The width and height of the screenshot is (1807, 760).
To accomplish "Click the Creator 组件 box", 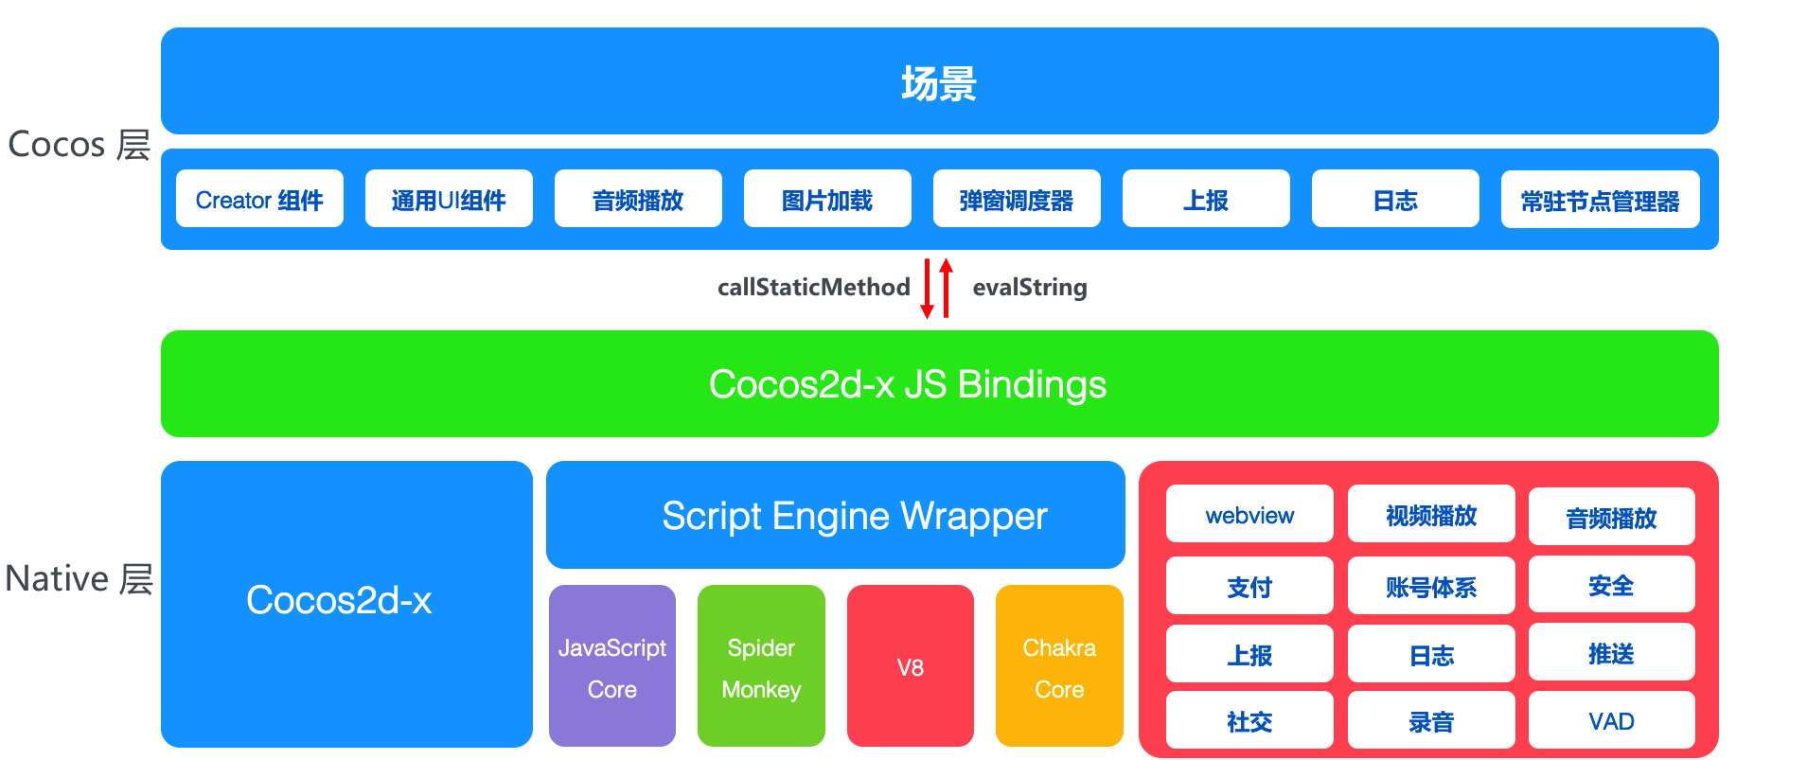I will pos(259,199).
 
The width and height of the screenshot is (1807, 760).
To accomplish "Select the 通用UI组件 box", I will pos(449,199).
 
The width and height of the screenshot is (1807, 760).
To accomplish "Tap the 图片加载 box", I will pos(827,199).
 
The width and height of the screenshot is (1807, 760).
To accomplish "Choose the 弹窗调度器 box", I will pos(1017,199).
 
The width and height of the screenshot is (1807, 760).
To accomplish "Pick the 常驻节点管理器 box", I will pos(1600,200).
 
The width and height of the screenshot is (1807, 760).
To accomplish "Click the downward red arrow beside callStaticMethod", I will pos(928,289).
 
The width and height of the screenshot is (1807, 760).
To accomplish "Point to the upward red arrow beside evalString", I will pos(946,287).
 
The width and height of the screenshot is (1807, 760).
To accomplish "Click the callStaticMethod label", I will pos(813,287).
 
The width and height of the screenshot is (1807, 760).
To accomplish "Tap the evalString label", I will pos(1030,287).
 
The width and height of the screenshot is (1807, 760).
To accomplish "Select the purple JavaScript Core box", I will pos(612,666).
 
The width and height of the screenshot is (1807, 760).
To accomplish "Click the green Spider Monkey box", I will pos(761,666).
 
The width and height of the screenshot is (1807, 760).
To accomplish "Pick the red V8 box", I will pos(910,666).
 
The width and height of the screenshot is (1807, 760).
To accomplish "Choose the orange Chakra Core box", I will pos(1059,666).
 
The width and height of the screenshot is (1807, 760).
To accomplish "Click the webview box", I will pos(1249,515).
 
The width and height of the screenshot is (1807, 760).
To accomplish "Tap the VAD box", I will pos(1611,720).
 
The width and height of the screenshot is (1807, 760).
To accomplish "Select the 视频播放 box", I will pos(1431,515).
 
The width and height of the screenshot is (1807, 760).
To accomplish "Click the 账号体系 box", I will pos(1431,586).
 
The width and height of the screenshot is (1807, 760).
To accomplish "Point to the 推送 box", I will pos(1611,652).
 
